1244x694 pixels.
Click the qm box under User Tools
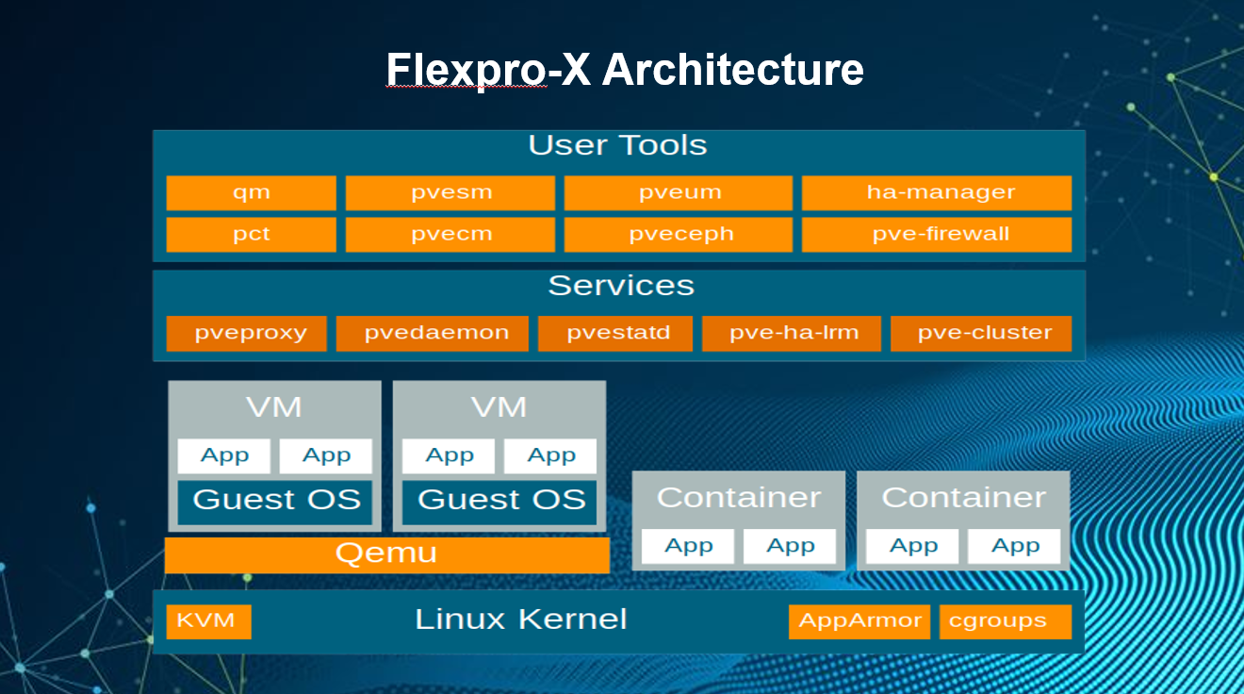coord(251,192)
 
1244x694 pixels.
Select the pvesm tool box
coord(450,192)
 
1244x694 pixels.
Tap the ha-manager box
coord(936,192)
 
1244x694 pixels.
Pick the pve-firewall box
coord(936,235)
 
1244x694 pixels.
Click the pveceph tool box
coord(678,235)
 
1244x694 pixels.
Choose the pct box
coord(251,235)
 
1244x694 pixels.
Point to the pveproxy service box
coord(247,333)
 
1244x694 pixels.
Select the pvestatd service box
coord(614,333)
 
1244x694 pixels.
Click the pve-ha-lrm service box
coord(792,333)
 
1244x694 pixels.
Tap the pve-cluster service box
coord(981,333)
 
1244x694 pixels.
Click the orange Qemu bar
coord(386,554)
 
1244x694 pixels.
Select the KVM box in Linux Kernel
coord(208,621)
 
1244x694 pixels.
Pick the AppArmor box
coord(859,621)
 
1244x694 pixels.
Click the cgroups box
coord(1005,621)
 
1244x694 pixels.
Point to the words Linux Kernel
coord(520,620)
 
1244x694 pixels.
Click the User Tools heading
coord(617,146)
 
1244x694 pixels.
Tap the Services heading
coord(620,286)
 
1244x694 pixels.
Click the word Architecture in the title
coord(732,71)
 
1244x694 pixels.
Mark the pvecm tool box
coord(450,235)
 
